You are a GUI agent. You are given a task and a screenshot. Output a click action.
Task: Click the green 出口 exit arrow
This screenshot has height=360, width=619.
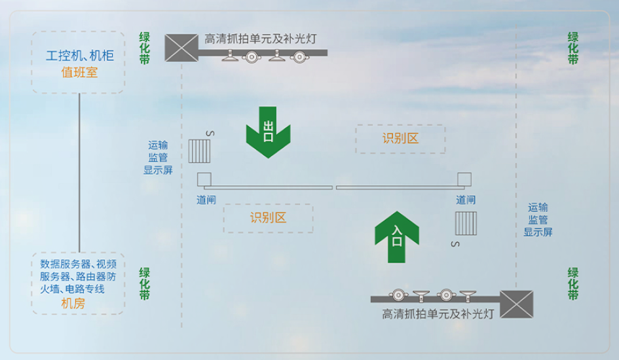click(x=268, y=132)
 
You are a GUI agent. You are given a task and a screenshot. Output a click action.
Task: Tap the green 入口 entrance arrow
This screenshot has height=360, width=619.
click(x=397, y=236)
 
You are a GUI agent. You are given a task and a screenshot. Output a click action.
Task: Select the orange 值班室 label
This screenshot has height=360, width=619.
click(x=79, y=73)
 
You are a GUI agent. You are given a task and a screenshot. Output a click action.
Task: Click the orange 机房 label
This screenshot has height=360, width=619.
click(x=73, y=303)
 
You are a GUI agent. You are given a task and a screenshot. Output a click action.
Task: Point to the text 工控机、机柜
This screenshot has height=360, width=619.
click(x=80, y=56)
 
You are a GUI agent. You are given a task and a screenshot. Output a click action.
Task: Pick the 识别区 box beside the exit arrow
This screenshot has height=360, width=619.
click(x=400, y=139)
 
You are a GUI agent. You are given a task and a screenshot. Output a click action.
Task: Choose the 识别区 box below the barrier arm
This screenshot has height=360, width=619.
click(x=268, y=218)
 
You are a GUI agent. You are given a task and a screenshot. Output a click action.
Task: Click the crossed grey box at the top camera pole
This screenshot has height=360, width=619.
click(x=181, y=48)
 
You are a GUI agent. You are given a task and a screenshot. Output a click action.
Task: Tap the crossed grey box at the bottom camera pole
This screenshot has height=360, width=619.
click(x=516, y=304)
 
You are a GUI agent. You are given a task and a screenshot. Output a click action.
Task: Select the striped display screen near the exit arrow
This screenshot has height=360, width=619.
click(x=199, y=151)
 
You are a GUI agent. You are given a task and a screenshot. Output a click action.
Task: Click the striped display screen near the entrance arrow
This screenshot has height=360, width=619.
click(x=466, y=224)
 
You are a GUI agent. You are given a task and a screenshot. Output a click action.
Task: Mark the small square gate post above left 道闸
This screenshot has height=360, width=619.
click(x=204, y=179)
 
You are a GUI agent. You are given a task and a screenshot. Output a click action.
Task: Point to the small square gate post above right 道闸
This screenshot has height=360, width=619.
click(x=464, y=179)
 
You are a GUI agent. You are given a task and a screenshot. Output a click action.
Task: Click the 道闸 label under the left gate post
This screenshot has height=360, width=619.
click(x=206, y=200)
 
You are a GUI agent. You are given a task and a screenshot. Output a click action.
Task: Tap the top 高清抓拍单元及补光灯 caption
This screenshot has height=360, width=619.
click(x=261, y=39)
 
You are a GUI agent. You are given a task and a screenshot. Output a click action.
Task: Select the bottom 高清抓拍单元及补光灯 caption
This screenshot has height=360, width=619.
click(x=438, y=314)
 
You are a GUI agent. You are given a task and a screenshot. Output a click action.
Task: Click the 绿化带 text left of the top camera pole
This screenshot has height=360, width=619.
click(x=145, y=48)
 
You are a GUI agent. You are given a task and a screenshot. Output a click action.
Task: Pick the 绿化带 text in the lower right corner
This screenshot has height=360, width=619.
click(x=572, y=283)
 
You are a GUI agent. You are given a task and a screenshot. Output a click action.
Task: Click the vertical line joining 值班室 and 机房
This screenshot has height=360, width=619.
click(x=79, y=173)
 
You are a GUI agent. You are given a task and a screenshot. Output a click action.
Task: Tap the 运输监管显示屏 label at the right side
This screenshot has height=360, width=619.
click(x=538, y=220)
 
